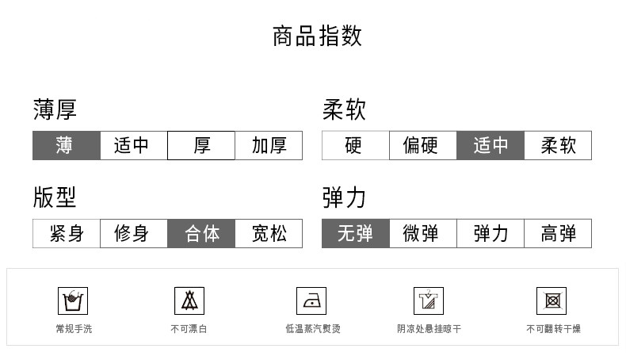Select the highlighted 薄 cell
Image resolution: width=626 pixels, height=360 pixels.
66,146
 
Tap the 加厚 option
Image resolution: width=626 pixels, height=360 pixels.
269,146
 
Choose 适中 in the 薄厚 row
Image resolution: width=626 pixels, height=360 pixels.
133,146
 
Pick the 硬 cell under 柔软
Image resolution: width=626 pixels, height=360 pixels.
355,146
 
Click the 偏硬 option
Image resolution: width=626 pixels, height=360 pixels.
422,146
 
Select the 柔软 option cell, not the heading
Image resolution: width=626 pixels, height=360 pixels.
558,146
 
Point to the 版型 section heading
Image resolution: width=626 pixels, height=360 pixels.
55,197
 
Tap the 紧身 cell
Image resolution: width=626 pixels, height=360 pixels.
66,234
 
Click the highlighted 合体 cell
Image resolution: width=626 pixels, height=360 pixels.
201,234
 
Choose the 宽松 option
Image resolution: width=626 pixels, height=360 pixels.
269,234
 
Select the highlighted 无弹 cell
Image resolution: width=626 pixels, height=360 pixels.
355,234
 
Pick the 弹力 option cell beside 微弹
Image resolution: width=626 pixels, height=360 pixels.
490,234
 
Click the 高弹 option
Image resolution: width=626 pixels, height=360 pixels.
558,234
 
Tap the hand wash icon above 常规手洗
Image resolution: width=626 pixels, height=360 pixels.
74,301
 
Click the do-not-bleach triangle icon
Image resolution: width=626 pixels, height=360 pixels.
189,301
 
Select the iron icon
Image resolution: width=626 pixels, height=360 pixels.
311,301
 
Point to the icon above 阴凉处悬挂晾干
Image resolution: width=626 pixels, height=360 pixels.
428,301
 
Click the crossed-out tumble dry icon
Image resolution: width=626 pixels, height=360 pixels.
551,301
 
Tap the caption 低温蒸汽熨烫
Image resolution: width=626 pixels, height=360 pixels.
313,328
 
